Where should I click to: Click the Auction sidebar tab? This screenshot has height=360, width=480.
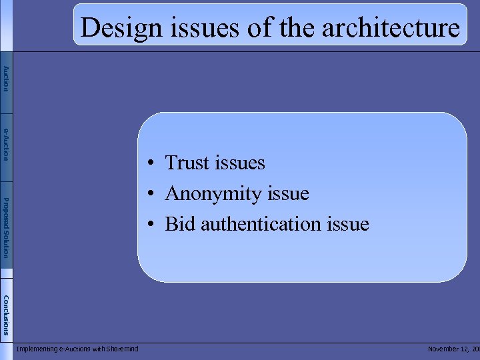[x=6, y=79]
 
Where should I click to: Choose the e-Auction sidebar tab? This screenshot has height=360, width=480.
[x=6, y=144]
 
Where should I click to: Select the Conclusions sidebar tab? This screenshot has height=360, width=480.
[x=6, y=314]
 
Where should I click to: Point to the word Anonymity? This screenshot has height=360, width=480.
[x=213, y=194]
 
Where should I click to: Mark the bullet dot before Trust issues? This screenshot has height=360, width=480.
[x=152, y=163]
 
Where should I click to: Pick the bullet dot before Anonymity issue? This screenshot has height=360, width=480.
[x=152, y=194]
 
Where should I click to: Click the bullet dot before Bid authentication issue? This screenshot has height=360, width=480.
[x=152, y=225]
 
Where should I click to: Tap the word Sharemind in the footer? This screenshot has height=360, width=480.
[x=121, y=349]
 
